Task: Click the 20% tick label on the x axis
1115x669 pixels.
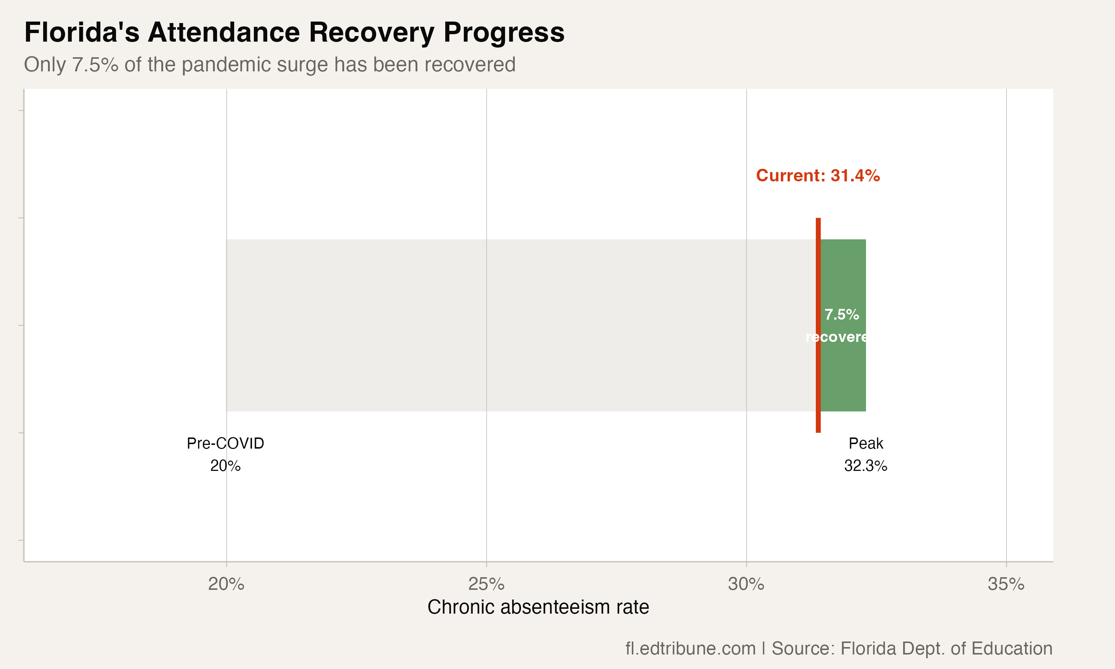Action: (226, 584)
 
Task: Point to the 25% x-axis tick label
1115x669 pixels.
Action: (486, 584)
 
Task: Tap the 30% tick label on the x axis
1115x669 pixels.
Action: (746, 584)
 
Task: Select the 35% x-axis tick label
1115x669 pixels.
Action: (1006, 584)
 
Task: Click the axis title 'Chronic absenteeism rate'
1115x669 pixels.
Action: (538, 607)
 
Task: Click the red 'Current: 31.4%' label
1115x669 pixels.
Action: (818, 175)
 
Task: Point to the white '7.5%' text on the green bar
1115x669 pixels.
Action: (841, 315)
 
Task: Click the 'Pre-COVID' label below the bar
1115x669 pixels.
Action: (225, 444)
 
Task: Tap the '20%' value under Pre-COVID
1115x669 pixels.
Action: (225, 466)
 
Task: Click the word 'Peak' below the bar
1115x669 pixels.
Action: (865, 444)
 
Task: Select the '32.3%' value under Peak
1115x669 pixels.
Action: (865, 466)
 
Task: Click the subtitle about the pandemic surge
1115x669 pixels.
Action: (269, 64)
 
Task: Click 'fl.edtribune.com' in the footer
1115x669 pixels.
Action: (690, 649)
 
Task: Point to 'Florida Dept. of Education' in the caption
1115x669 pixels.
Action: (946, 649)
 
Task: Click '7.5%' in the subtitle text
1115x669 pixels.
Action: (95, 64)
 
